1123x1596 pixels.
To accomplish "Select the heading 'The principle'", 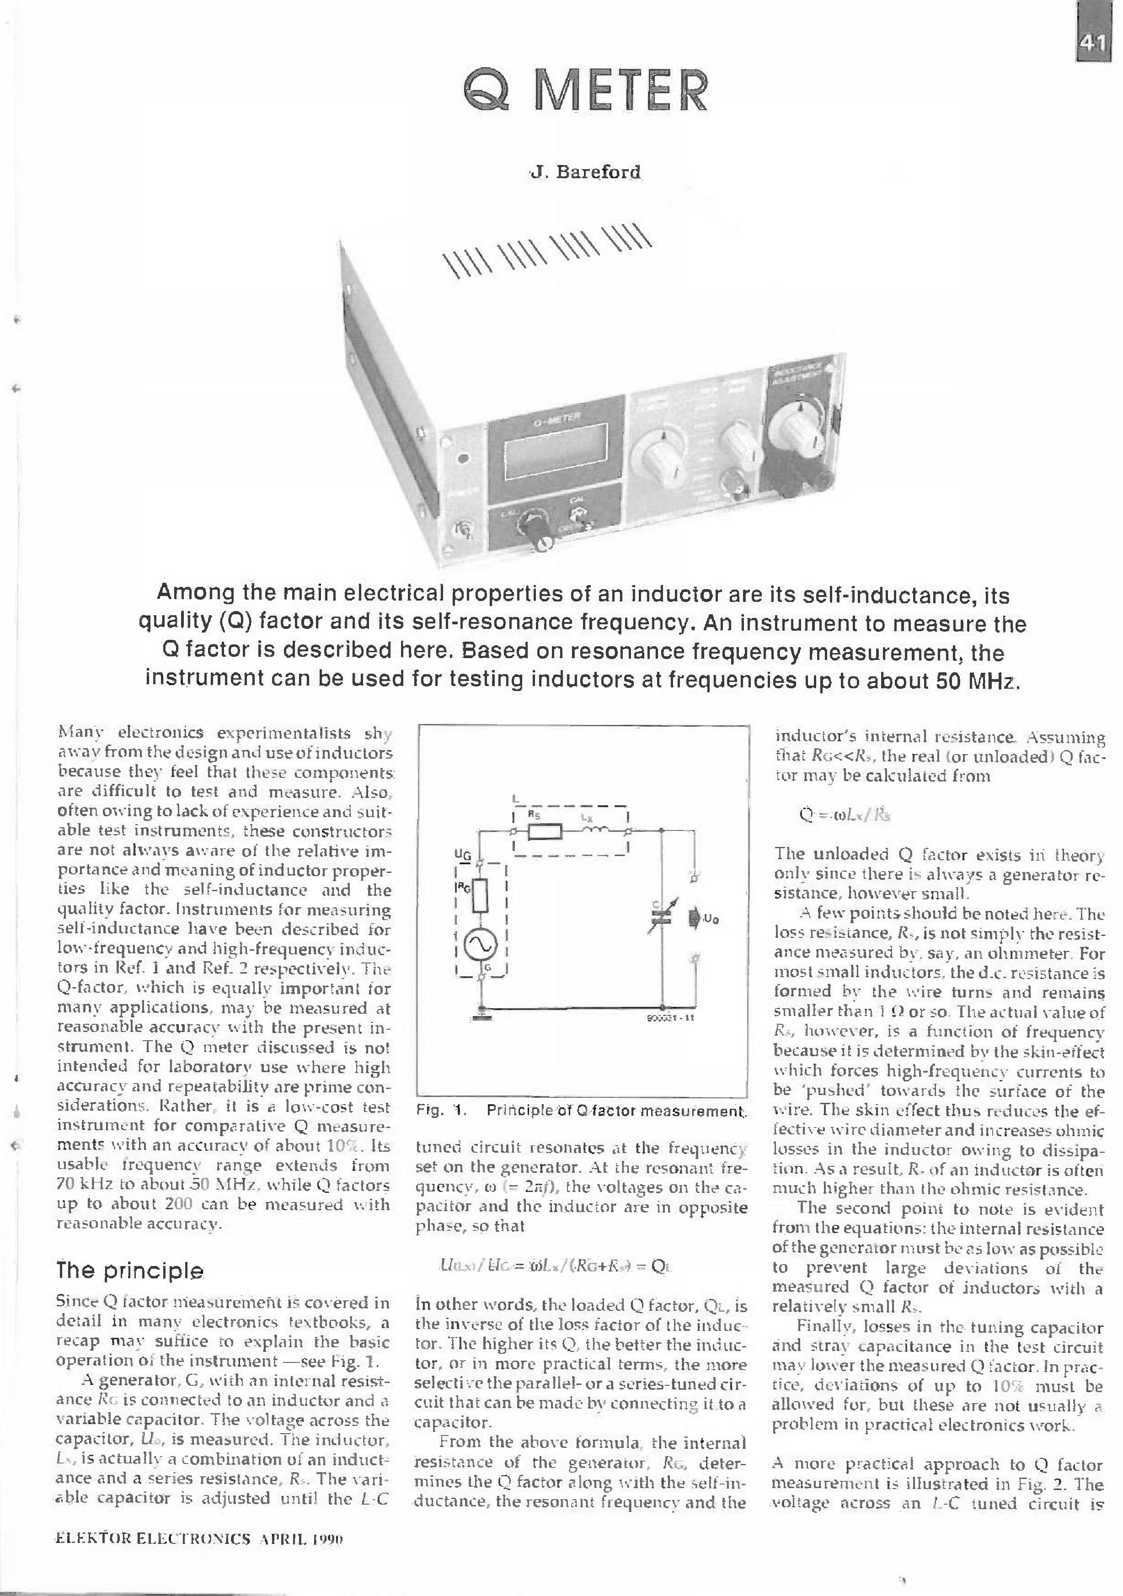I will (130, 1271).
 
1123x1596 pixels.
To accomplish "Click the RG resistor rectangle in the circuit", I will (481, 897).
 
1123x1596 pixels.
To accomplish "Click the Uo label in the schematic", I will (711, 919).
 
